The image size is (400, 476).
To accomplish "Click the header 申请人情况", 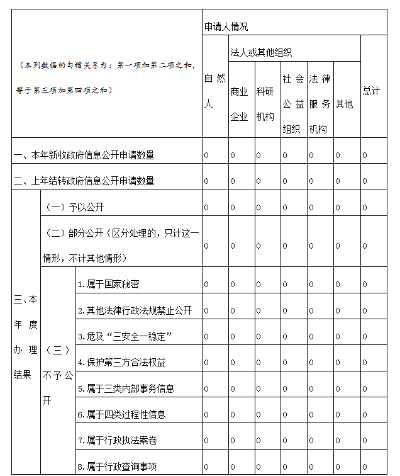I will pos(226,26).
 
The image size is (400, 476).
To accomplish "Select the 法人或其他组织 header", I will pos(261,52).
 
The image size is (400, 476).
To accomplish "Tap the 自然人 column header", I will pos(214,91).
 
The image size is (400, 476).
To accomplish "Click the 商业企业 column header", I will pos(239,104).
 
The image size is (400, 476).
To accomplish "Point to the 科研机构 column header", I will pos(265,104).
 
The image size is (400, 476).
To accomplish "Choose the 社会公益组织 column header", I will pos(292,104).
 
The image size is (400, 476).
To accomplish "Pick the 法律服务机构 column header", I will pos(319,104).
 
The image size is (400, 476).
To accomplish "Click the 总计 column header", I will pos(371,91).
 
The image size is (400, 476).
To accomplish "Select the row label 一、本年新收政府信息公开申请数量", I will pos(84,155).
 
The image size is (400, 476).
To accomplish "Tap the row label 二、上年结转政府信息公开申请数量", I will pos(84,181).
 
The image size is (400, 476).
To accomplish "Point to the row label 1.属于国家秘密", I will pos(109,285).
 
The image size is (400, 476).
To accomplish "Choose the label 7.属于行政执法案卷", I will pos(117,440).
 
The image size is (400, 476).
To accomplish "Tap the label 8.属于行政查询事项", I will pos(117,466).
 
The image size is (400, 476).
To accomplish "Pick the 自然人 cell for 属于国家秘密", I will pos(206,285).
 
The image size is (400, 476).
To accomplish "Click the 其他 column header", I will pos(344,104).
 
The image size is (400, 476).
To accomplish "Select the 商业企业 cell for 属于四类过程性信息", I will pos(232,414).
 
